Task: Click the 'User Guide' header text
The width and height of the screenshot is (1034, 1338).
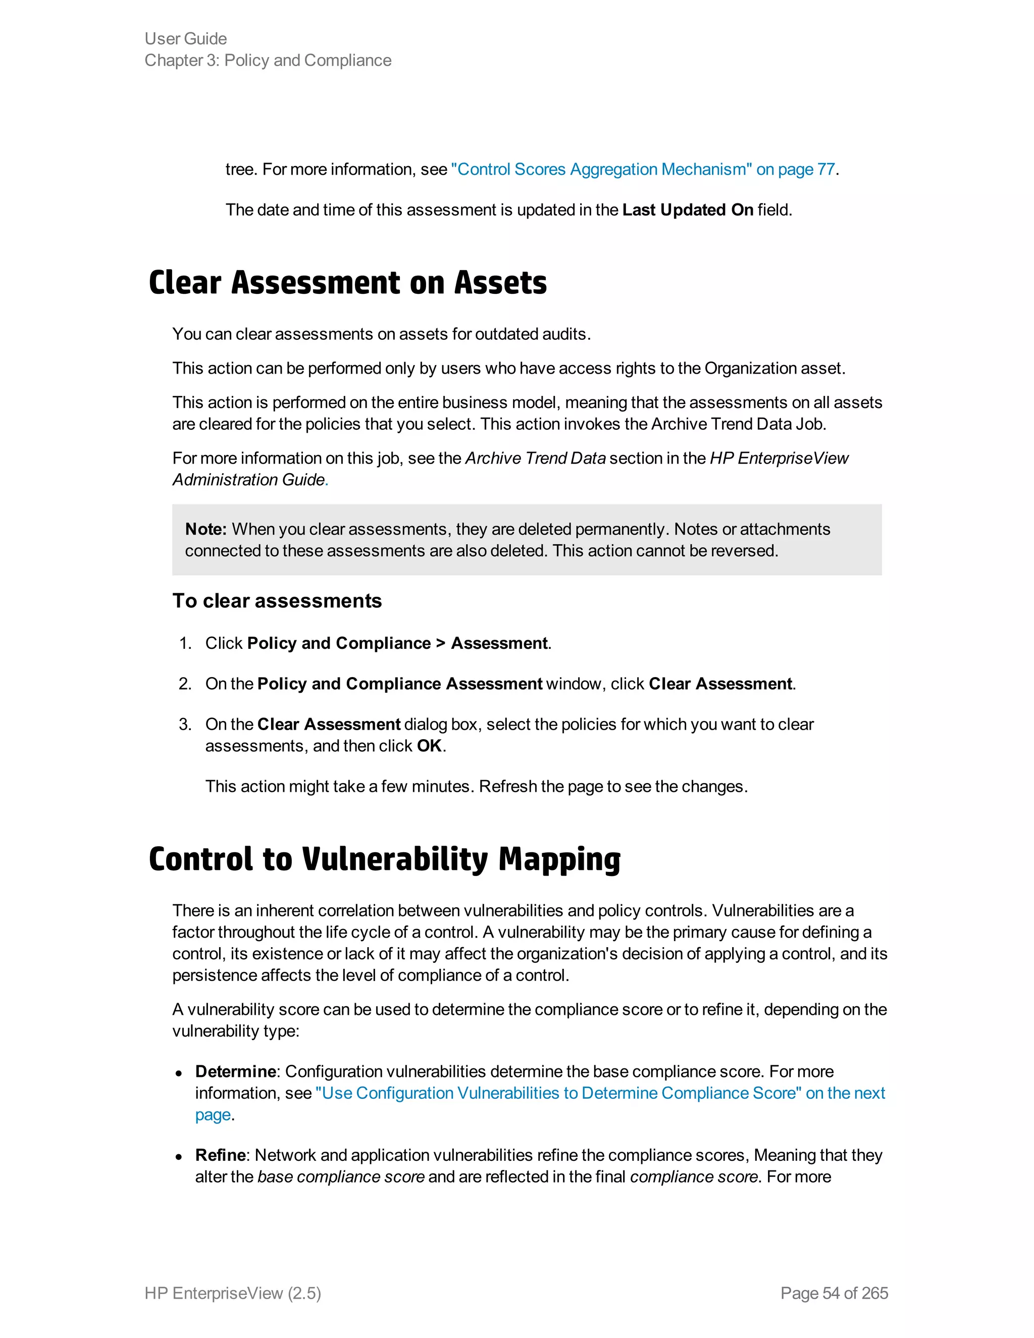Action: tap(186, 38)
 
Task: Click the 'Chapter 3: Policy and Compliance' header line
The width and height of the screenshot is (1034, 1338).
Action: tap(268, 60)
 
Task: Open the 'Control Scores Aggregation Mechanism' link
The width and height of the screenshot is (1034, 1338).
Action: tap(643, 169)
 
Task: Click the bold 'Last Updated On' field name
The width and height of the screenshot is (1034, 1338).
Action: tap(687, 210)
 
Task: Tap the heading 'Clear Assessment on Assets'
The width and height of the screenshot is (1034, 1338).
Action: tap(347, 283)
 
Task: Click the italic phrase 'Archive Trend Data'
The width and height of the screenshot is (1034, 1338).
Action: tap(535, 458)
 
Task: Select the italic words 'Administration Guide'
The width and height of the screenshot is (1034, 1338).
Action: tap(249, 480)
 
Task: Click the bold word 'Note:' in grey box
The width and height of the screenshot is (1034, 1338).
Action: tap(206, 529)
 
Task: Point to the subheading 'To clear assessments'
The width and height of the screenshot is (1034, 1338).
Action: tap(277, 601)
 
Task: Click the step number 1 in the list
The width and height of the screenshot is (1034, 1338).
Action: tap(185, 643)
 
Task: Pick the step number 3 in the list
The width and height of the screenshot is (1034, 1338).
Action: tap(185, 724)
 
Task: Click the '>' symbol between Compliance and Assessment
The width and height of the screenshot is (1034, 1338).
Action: tap(440, 643)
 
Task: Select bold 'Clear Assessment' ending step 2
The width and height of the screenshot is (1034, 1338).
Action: tap(720, 684)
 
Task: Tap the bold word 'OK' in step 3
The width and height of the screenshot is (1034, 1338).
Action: tap(430, 746)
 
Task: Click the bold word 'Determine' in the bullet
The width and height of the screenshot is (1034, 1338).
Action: tap(236, 1071)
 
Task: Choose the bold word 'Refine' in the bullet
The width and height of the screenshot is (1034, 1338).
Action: tap(221, 1155)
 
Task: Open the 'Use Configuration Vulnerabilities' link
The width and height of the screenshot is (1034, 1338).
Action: tap(600, 1093)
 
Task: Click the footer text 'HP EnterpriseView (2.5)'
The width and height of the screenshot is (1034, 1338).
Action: tap(233, 1293)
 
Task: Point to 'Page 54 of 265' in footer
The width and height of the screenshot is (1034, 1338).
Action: tap(834, 1293)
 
